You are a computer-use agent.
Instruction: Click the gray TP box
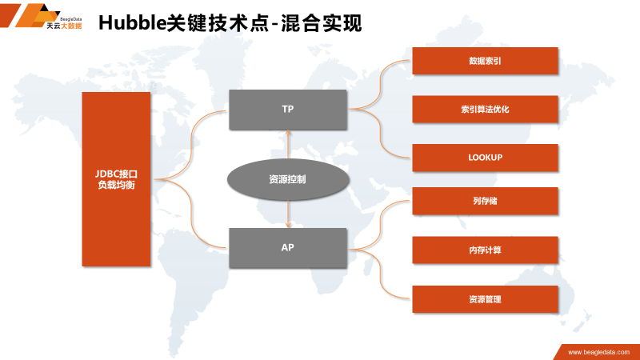coord(288,110)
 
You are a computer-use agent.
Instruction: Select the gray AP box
coord(288,247)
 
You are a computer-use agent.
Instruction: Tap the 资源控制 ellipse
coord(287,179)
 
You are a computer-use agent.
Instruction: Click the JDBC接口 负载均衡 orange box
coord(117,179)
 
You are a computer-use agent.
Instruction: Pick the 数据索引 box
coord(485,61)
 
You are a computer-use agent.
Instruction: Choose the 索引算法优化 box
coord(485,109)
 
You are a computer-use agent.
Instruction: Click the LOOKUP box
coord(485,158)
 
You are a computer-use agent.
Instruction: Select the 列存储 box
coord(485,201)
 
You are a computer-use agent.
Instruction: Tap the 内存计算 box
coord(485,250)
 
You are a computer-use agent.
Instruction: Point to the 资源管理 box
coord(485,298)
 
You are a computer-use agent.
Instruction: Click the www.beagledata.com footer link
coord(598,352)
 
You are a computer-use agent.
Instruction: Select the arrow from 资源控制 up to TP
coord(288,144)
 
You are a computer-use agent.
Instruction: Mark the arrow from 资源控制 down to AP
coord(288,214)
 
